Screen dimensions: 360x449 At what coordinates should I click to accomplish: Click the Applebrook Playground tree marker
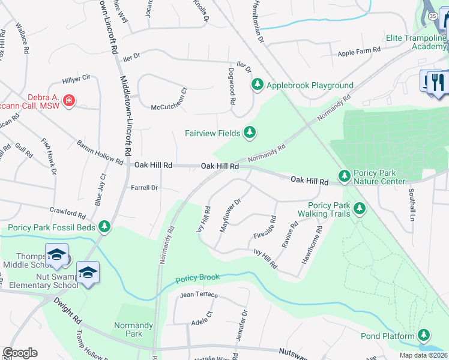[x=258, y=85]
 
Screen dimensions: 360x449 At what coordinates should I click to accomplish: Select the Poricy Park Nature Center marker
[x=345, y=176]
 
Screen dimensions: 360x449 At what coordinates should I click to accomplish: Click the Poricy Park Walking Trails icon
[x=360, y=209]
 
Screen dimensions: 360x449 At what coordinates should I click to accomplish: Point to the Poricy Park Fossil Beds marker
[x=105, y=226]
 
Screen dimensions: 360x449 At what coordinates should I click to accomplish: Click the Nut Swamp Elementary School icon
[x=88, y=274]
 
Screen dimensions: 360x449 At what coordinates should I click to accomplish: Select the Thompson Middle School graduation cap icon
[x=56, y=256]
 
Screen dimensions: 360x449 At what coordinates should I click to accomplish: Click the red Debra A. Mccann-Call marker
[x=69, y=100]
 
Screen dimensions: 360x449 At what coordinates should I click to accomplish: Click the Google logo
[x=20, y=353]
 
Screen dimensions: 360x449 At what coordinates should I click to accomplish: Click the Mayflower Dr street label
[x=230, y=212]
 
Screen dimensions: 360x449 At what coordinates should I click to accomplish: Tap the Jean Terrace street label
[x=199, y=295]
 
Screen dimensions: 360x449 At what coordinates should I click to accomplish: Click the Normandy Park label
[x=128, y=329]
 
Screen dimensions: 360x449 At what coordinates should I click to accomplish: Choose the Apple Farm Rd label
[x=359, y=52]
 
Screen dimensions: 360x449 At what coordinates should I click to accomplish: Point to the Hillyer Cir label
[x=76, y=78]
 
